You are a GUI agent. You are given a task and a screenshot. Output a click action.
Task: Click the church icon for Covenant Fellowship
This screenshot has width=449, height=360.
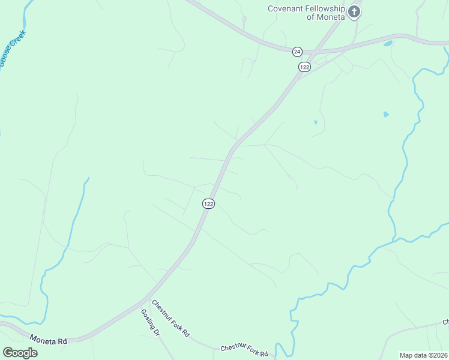pyautogui.click(x=354, y=11)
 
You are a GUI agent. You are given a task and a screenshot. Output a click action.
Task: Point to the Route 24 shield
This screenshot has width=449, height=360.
pyautogui.click(x=297, y=52)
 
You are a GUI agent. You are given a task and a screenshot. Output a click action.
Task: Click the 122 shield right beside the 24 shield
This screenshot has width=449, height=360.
pyautogui.click(x=304, y=67)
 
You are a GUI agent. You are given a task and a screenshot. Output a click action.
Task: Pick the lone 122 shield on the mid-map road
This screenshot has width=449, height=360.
pyautogui.click(x=208, y=204)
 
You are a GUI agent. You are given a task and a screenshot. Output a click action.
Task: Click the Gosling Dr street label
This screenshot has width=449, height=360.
pyautogui.click(x=150, y=322)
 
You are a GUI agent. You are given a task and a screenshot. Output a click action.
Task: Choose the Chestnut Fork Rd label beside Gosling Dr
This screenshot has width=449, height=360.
pyautogui.click(x=170, y=318)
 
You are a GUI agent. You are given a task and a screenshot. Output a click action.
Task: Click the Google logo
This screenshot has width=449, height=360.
pyautogui.click(x=20, y=353)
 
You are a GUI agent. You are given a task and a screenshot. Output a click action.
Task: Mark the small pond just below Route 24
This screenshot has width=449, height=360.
pyautogui.click(x=387, y=44)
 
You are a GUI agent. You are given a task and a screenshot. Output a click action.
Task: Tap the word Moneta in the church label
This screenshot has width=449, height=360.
pyautogui.click(x=331, y=17)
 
